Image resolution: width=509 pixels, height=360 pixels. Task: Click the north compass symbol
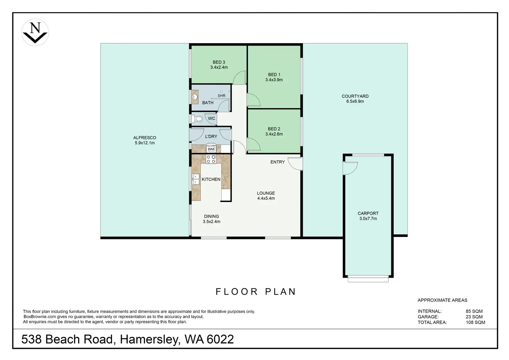(x=35, y=33)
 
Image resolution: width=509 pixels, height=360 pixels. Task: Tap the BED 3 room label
(x=219, y=62)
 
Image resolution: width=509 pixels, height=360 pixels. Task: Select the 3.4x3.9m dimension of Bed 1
(x=274, y=80)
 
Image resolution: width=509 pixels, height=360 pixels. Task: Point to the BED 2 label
(x=274, y=129)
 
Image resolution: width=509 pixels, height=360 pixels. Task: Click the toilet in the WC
(x=197, y=119)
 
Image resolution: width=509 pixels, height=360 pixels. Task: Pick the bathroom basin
(x=195, y=97)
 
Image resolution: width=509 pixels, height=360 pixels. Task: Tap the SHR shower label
(x=222, y=96)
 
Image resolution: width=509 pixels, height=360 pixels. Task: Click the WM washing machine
(x=211, y=148)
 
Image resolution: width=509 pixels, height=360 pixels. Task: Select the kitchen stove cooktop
(x=211, y=159)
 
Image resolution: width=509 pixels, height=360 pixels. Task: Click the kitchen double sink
(x=196, y=179)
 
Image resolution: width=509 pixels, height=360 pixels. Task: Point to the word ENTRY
(x=277, y=162)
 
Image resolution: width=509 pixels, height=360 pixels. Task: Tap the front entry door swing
(x=295, y=164)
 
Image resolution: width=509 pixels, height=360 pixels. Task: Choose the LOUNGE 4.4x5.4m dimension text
(x=266, y=198)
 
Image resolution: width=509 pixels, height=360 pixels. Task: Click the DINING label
(x=211, y=216)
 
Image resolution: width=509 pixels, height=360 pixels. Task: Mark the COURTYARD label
(x=355, y=96)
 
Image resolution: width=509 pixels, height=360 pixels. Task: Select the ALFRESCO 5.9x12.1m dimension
(x=145, y=143)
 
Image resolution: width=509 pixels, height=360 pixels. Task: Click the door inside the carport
(x=350, y=168)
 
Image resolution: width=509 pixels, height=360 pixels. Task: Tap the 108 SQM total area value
(x=475, y=322)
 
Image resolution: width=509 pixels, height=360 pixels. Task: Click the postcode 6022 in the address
(x=220, y=339)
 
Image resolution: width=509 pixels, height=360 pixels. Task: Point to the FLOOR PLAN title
(x=256, y=292)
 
